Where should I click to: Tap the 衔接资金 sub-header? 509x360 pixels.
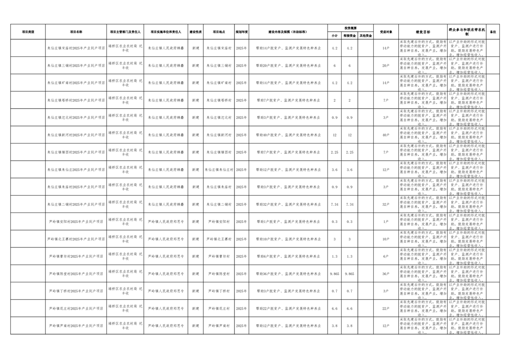tap(349, 35)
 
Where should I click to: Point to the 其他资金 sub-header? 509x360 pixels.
tap(366, 35)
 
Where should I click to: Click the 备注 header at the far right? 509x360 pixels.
tap(493, 32)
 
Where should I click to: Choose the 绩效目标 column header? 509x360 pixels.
tap(422, 32)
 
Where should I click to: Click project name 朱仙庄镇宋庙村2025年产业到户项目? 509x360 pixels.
tap(76, 48)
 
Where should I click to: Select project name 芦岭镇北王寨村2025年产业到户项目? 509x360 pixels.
tap(76, 239)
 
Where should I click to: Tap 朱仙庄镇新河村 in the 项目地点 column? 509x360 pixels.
tap(219, 135)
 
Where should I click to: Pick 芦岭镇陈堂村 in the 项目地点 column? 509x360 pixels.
tap(219, 274)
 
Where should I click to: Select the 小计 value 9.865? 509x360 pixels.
tap(335, 274)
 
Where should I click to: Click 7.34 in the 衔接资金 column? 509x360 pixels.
tap(349, 204)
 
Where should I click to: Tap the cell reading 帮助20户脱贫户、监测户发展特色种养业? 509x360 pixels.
tap(288, 65)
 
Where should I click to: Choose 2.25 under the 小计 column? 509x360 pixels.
tap(335, 152)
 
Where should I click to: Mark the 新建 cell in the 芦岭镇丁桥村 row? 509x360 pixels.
tap(196, 291)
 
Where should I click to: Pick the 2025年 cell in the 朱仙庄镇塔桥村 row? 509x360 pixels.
tap(241, 100)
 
